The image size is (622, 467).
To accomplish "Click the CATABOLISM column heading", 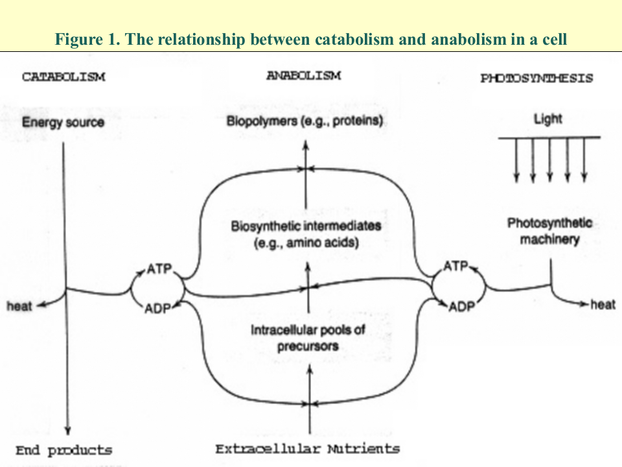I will point(63,77).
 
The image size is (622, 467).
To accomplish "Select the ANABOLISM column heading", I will point(304,76).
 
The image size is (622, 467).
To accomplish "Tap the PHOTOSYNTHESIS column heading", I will point(536,78).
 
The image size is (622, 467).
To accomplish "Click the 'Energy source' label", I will point(63,122).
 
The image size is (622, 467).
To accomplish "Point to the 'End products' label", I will point(63,450).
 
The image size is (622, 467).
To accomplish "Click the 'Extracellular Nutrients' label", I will point(308,448).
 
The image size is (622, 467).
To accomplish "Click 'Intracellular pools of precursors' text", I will point(308,337).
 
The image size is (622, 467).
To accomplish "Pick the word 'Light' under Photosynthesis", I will point(548,119).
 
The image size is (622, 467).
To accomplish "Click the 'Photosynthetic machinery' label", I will point(549,231).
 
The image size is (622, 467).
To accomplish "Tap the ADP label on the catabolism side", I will point(157,308).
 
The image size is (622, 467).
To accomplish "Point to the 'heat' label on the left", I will point(19,306).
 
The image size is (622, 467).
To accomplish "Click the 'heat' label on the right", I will point(603,304).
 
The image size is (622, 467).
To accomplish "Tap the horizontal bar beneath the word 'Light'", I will point(549,138).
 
